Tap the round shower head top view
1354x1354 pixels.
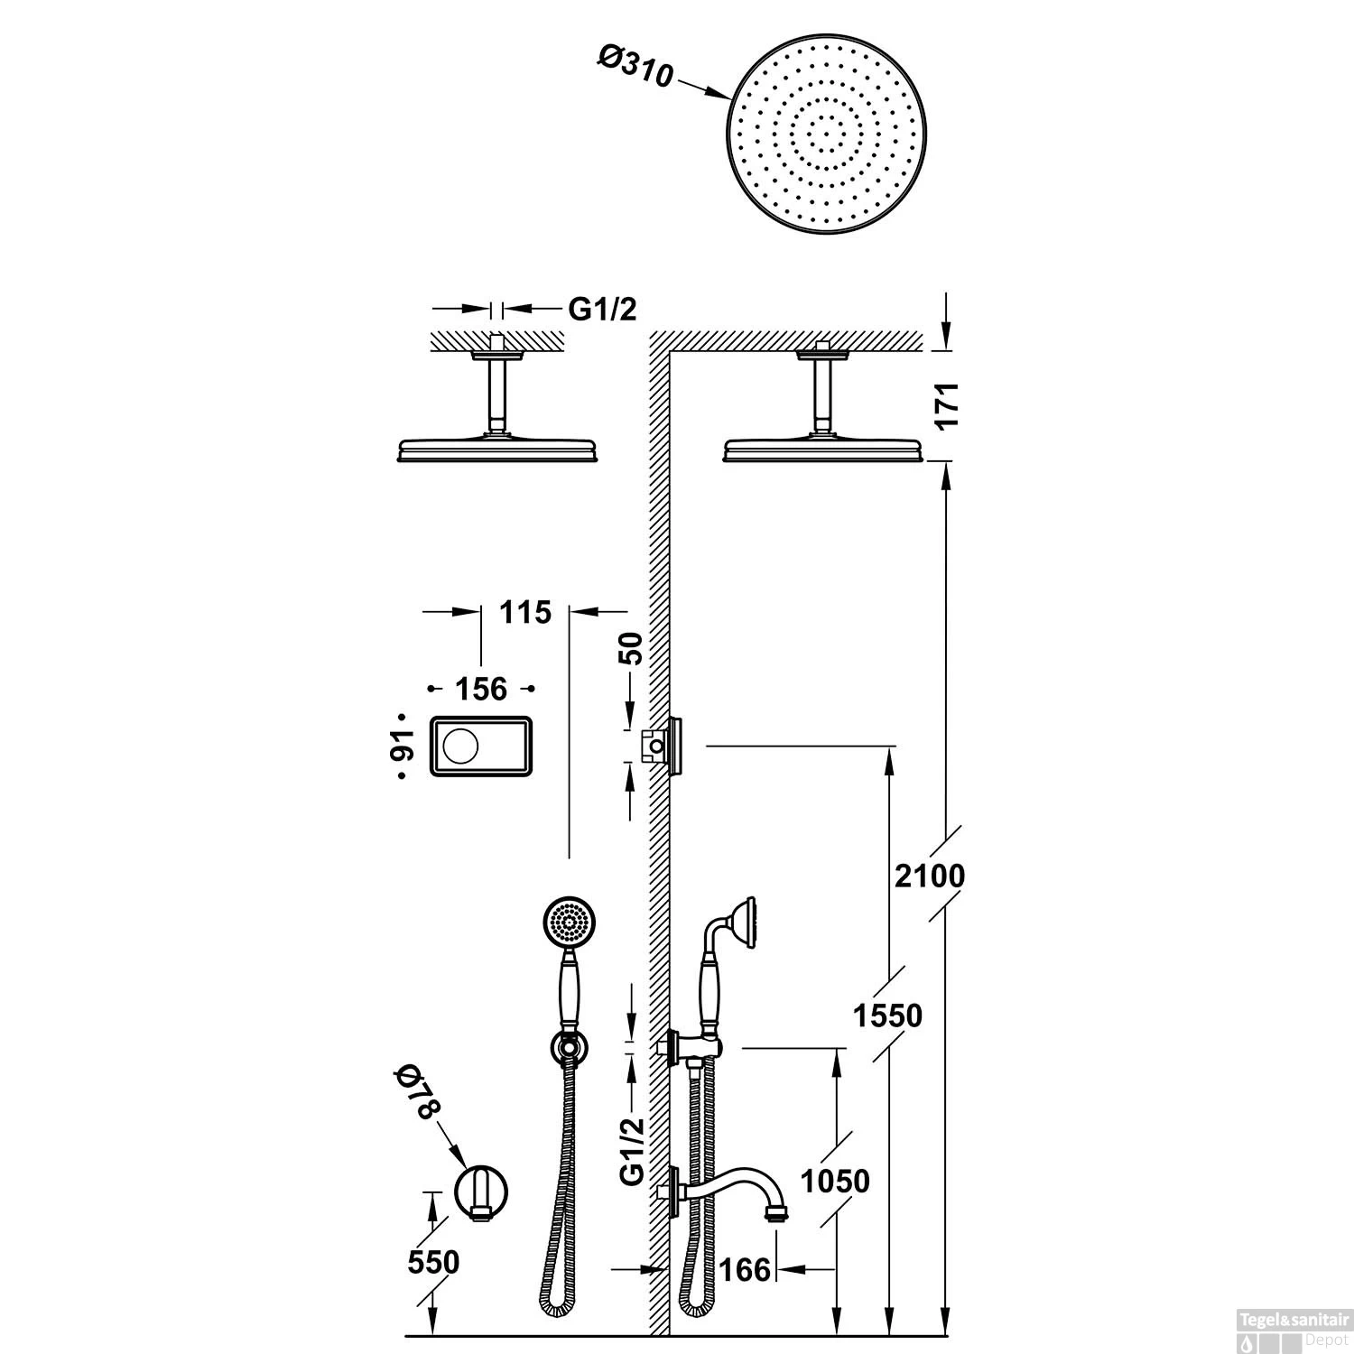pos(828,137)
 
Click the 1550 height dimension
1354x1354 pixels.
pos(889,1015)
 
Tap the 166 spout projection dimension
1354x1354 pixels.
pos(746,1270)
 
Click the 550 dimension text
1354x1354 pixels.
pos(433,1262)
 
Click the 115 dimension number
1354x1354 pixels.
pos(525,612)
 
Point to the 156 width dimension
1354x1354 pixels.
pos(480,689)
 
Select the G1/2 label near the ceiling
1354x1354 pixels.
pos(602,310)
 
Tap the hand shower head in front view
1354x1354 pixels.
pos(570,922)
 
